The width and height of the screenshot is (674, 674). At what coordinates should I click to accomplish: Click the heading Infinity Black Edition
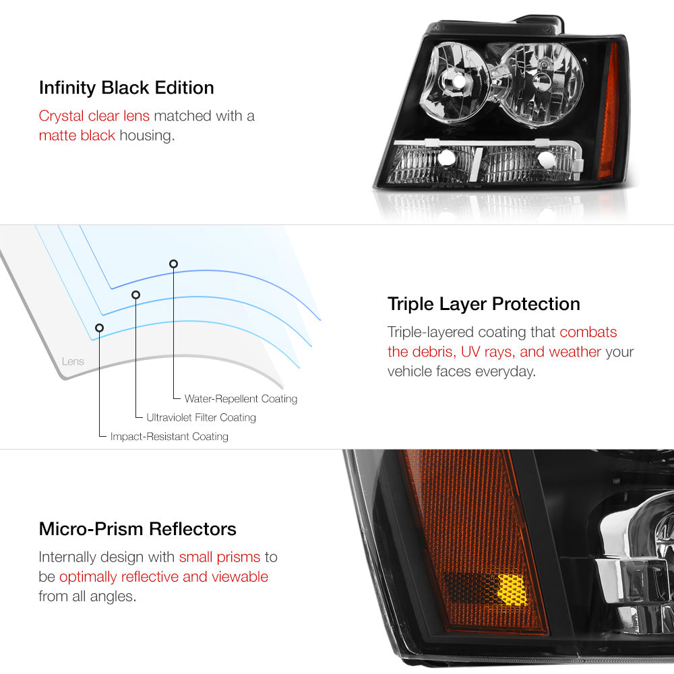(x=127, y=88)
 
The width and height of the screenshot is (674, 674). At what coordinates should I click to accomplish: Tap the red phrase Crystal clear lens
(x=94, y=116)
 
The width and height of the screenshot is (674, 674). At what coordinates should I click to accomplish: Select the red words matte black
(x=77, y=135)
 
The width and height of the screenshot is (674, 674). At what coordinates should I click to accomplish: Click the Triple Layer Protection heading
(x=483, y=305)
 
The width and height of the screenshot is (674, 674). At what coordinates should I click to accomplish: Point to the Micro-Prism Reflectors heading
(x=137, y=529)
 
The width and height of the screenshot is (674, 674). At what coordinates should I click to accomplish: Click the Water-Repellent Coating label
(x=241, y=399)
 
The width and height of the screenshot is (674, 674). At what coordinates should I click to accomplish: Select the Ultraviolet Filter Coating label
(x=201, y=417)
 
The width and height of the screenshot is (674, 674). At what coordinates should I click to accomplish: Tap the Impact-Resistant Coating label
(x=169, y=436)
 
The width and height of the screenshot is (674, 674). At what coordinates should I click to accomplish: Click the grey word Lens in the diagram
(x=73, y=361)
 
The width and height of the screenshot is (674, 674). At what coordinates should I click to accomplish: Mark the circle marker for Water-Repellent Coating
(x=174, y=264)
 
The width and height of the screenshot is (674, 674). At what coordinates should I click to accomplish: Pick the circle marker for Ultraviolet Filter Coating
(x=136, y=295)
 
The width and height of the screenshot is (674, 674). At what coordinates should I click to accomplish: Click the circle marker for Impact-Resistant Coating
(x=99, y=328)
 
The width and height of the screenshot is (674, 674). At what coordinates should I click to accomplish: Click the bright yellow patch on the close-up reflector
(x=512, y=590)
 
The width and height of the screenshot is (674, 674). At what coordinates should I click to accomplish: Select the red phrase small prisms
(x=220, y=557)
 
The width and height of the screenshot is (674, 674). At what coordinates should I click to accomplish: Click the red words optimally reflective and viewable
(x=164, y=577)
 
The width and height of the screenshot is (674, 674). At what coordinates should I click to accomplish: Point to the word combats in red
(x=588, y=332)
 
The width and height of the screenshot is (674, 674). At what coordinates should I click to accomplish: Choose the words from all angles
(x=87, y=596)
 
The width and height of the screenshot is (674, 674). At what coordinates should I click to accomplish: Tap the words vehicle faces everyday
(x=462, y=371)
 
